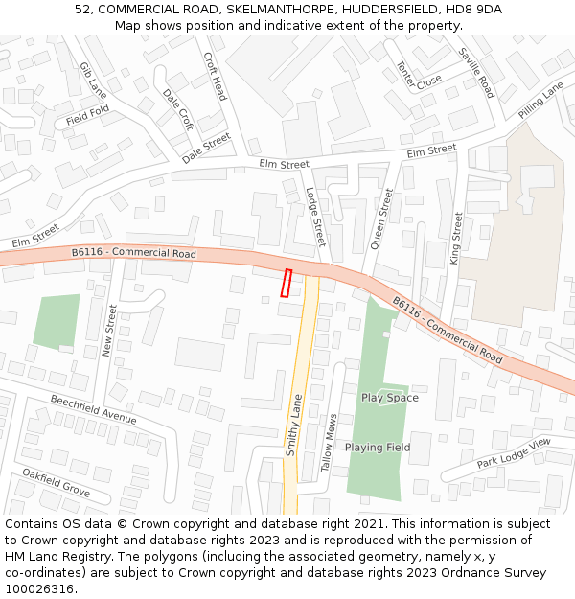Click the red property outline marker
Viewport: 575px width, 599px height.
[x=286, y=283]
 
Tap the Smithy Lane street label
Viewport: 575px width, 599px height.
[x=294, y=425]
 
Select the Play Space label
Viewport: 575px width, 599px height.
[x=389, y=398]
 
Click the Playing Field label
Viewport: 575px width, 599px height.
[x=378, y=448]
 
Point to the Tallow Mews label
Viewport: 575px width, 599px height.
[x=329, y=444]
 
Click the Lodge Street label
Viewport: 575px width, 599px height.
[x=315, y=217]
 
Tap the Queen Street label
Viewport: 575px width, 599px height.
[x=381, y=219]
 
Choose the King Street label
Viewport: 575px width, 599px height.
[x=457, y=239]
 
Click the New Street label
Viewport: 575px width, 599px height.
[x=110, y=331]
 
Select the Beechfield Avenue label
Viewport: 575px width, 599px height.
[x=94, y=410]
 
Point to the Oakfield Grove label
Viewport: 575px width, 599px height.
[x=56, y=482]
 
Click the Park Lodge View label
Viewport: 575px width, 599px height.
[x=514, y=453]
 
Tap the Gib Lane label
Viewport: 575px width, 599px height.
[x=93, y=81]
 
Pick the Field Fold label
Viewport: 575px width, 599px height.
[x=87, y=118]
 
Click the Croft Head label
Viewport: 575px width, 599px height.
[x=215, y=77]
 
